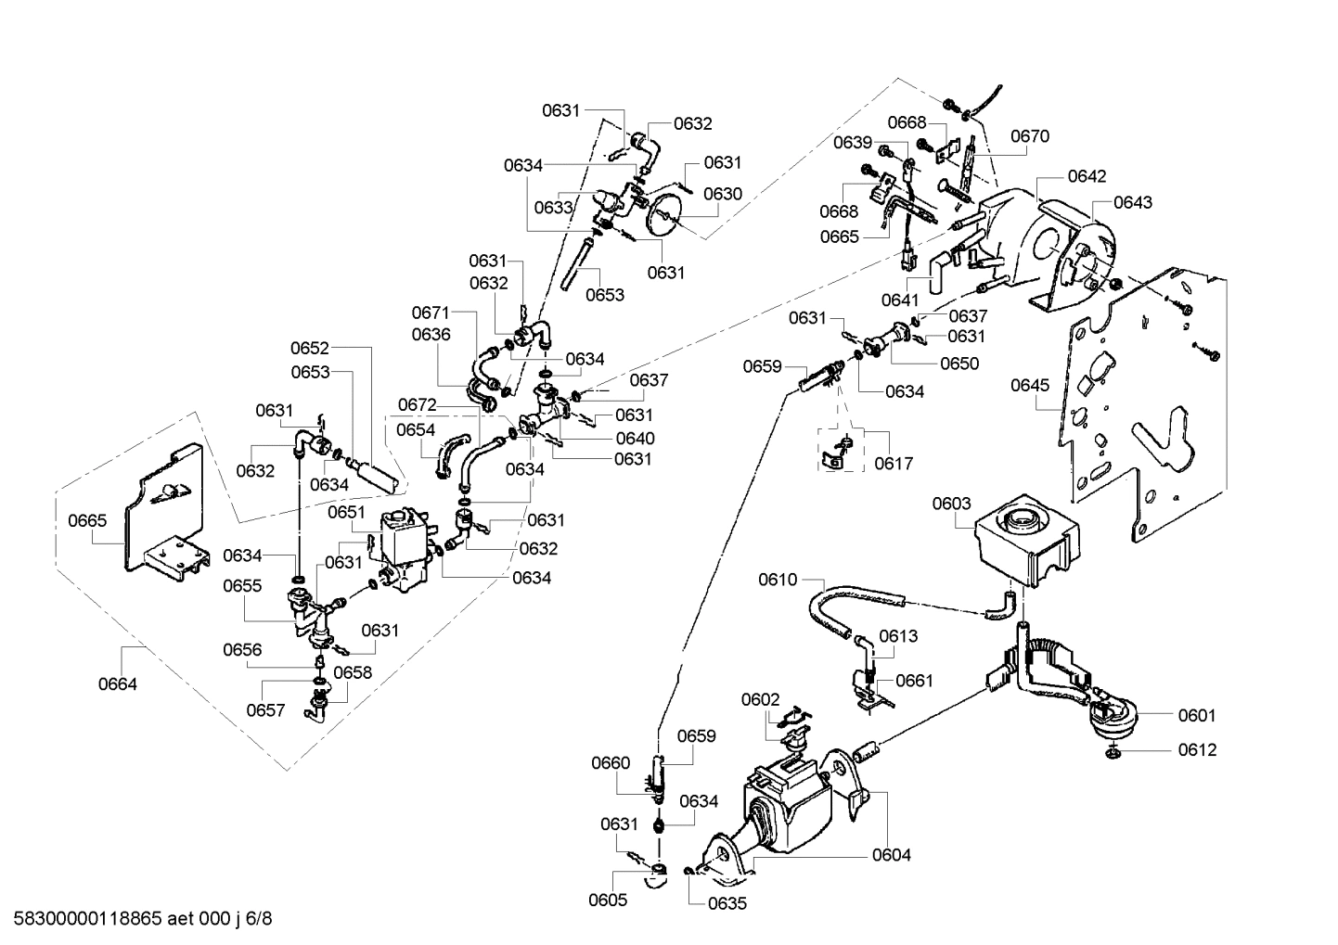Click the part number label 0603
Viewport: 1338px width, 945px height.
[951, 504]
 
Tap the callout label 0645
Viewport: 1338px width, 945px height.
[1029, 384]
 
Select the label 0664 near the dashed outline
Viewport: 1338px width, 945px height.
[117, 684]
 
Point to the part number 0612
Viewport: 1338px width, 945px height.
[1197, 749]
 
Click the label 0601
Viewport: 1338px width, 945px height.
[1196, 715]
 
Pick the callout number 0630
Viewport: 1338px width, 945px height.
[722, 194]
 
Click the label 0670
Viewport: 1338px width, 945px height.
[1029, 136]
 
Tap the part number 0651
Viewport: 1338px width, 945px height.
[347, 512]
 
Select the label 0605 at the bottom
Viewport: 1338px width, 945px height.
[608, 900]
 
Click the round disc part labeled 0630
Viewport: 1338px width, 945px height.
[663, 216]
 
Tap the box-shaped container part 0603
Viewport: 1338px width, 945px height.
[1025, 543]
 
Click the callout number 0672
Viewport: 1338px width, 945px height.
[417, 405]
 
